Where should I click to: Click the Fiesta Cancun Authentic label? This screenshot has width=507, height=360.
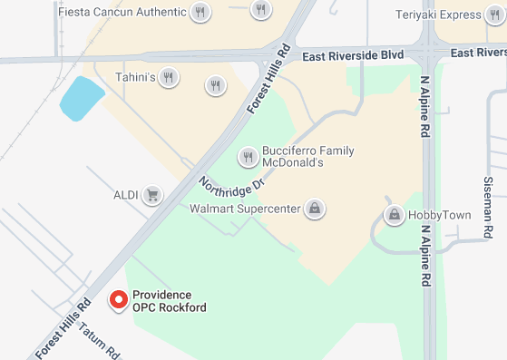122,13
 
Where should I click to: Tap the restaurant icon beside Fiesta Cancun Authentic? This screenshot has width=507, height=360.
200,13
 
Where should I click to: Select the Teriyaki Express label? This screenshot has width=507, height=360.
438,15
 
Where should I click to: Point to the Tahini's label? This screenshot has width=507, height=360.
134,76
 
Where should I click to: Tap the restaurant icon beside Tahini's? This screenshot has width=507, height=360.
169,77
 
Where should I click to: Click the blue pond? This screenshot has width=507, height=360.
82,97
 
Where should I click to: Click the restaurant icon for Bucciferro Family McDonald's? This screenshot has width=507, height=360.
248,158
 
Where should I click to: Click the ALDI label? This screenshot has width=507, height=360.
125,195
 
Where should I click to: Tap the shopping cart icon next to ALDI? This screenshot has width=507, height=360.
152,195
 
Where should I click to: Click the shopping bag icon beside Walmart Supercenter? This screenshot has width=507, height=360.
314,209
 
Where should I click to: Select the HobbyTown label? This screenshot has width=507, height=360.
440,215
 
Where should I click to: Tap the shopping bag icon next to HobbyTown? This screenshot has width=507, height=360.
395,215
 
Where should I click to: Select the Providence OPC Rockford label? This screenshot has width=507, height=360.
169,301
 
